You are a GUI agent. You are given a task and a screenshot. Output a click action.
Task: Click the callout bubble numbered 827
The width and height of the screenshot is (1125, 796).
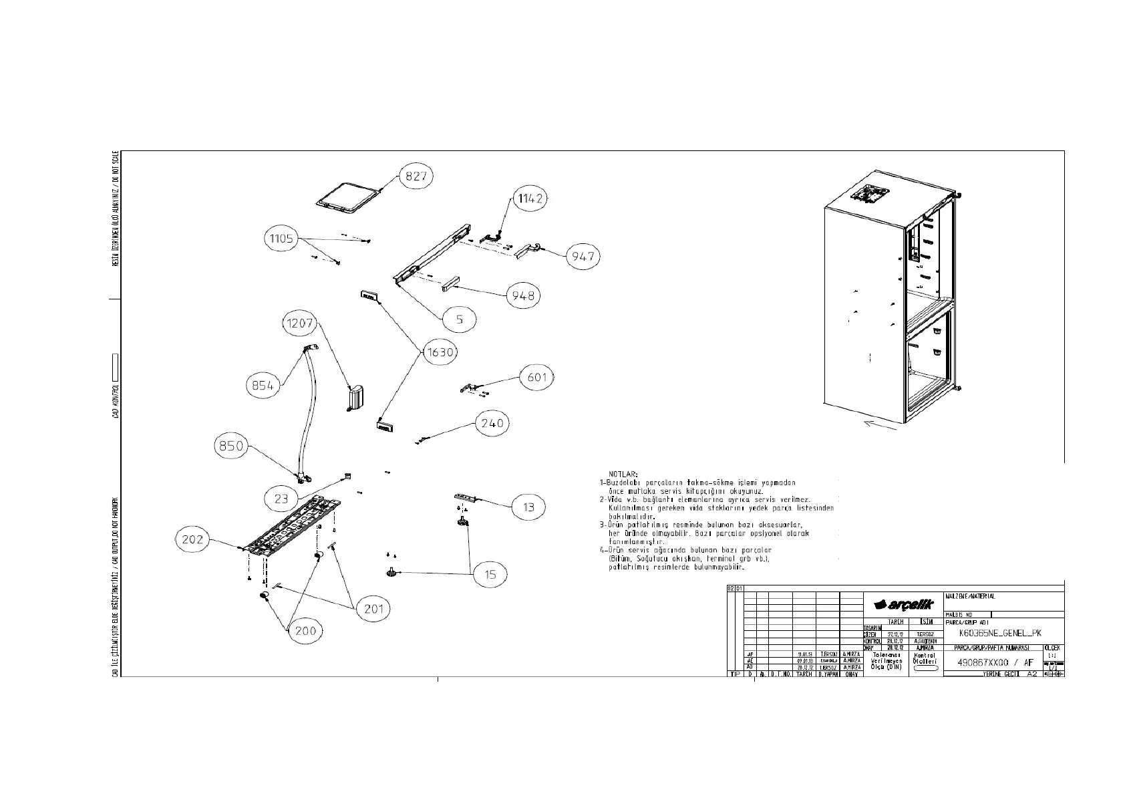[x=416, y=176]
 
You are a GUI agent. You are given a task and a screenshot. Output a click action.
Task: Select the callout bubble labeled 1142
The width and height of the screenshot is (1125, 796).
[x=530, y=198]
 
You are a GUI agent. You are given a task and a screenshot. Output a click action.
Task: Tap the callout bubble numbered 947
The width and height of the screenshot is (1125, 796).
[x=583, y=256]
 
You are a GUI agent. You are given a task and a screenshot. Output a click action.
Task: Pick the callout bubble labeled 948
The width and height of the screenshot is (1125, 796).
[x=523, y=295]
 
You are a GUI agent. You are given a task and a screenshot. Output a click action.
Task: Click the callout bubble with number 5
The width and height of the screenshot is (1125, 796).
[x=459, y=319]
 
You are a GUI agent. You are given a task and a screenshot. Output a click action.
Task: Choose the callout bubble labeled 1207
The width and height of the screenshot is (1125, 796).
[x=299, y=323]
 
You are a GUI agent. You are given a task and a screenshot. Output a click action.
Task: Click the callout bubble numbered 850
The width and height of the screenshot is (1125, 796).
[x=231, y=446]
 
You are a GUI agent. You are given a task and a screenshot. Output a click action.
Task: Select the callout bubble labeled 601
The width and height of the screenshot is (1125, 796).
[x=537, y=378]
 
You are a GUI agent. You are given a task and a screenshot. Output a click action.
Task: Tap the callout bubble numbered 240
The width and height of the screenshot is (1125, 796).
[x=492, y=423]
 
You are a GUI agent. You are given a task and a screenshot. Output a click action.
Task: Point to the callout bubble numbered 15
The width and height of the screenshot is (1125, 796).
[x=490, y=574]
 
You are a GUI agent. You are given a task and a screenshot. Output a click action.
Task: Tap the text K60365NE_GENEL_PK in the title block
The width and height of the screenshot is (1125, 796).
[x=999, y=633]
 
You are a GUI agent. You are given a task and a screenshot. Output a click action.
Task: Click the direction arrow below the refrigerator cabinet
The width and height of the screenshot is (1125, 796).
[x=880, y=424]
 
